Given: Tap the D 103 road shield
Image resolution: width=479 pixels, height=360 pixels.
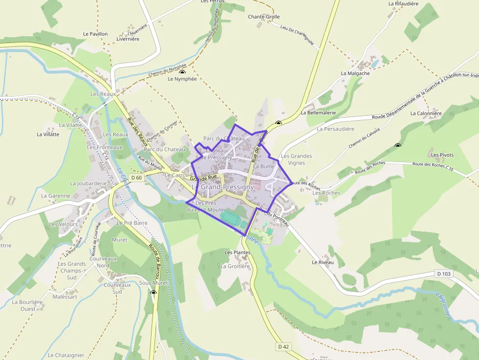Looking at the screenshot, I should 444,274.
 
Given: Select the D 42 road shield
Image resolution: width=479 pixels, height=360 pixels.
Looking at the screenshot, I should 283,347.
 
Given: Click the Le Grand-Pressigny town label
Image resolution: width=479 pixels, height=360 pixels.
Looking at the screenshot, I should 222,187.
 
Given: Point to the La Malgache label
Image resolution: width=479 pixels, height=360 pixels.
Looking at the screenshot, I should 355,73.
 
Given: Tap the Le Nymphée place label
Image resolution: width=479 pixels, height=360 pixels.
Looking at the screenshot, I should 182,79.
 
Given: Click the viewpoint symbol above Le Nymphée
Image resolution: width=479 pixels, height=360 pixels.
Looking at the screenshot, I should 182,72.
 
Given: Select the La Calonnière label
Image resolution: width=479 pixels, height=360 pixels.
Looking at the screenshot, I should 426,113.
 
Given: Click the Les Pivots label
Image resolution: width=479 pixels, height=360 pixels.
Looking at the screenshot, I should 442,155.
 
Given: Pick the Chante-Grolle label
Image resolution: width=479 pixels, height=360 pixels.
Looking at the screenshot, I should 264,17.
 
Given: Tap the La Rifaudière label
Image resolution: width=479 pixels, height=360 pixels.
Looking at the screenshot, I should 403,3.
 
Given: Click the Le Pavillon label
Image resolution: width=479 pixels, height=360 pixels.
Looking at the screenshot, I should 95,34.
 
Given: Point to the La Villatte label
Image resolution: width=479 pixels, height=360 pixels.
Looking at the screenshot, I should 48,134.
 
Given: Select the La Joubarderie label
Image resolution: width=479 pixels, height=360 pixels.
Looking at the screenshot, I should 88,184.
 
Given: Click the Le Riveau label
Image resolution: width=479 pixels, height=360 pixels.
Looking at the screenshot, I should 323,262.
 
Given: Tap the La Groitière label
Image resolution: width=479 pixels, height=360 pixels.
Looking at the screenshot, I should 235,266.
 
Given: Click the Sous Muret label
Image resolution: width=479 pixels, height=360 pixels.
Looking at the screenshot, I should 153,283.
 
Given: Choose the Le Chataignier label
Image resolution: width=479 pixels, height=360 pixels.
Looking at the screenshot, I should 66,355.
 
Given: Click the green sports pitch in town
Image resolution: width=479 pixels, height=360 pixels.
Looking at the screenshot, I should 229,216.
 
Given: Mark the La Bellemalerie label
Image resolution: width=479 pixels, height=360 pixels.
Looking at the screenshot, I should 318,112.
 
